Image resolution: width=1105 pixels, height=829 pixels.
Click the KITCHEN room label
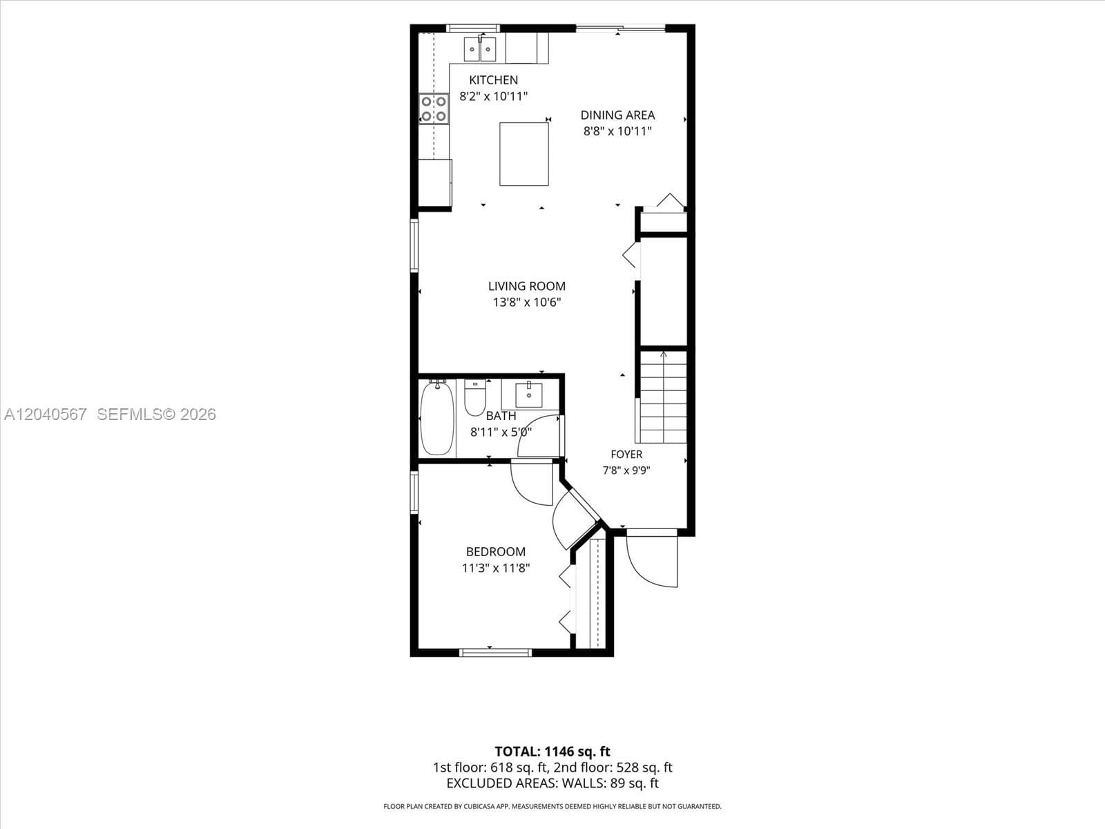(x=493, y=80)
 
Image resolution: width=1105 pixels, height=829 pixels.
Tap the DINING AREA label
(x=617, y=115)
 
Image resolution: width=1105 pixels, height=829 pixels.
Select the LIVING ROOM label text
(x=526, y=287)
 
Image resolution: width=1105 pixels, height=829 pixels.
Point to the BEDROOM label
(x=496, y=552)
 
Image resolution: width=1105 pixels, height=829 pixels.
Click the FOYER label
(x=626, y=455)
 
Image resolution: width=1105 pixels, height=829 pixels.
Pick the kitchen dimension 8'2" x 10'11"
(x=493, y=96)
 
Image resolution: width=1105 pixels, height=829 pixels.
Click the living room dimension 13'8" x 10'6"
(x=526, y=303)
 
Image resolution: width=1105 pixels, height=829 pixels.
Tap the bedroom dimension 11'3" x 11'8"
(x=496, y=569)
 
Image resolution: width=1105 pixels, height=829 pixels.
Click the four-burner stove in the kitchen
(x=434, y=108)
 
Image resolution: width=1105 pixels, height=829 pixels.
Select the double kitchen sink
(x=480, y=49)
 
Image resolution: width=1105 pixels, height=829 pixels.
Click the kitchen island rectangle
(x=524, y=154)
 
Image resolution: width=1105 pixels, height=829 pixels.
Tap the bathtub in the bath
(x=437, y=418)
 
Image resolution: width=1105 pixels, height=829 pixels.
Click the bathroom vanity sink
(x=529, y=395)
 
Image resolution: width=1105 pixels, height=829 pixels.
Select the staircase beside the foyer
(x=663, y=397)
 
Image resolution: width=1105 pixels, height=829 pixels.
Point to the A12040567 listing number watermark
(x=46, y=414)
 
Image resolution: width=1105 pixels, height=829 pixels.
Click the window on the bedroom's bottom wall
(x=496, y=653)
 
